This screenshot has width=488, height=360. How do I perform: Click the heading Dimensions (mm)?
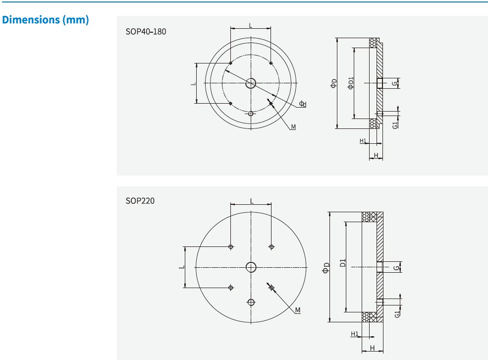coord(46,20)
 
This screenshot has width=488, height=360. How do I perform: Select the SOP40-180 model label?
coord(146,32)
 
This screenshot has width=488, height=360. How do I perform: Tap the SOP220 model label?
coord(140,201)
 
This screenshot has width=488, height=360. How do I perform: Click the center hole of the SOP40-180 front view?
coord(251,83)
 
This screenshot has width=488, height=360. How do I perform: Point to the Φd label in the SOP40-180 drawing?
coord(303,104)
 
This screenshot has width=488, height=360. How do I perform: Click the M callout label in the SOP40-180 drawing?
coord(293,127)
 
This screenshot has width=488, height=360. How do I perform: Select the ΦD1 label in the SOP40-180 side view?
coord(351,83)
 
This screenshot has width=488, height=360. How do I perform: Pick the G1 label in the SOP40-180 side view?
coord(395,124)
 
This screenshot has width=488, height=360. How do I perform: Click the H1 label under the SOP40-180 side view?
coord(363,141)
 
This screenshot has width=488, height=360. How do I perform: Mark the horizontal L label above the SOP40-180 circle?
coord(251,24)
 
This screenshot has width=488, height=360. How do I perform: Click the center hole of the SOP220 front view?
coord(251,267)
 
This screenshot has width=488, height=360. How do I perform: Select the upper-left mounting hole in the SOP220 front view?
coord(231,246)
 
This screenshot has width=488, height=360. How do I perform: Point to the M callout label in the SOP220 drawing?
coord(298,310)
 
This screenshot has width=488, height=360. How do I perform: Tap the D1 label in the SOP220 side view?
coord(343,264)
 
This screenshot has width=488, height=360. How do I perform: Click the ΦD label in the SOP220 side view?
coord(325,268)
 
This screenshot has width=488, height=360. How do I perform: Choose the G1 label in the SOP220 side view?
coord(397,314)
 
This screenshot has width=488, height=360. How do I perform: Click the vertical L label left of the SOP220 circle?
coord(182,267)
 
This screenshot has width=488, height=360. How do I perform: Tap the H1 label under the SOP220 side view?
coord(354,334)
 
